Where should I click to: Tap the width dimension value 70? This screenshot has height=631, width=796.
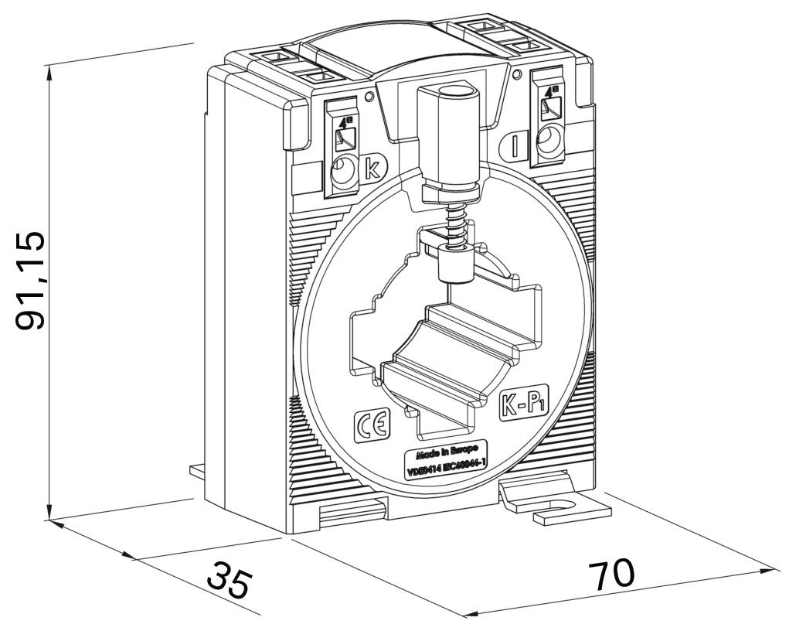pyautogui.click(x=611, y=574)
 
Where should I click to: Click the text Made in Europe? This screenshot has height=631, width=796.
pyautogui.click(x=447, y=452)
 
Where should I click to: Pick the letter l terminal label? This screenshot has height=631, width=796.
pyautogui.click(x=515, y=145)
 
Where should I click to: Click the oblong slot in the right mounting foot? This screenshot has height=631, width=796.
pyautogui.click(x=558, y=510)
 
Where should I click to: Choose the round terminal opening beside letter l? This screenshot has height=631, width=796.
pyautogui.click(x=549, y=142)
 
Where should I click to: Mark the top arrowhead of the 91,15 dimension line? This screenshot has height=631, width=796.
pyautogui.click(x=50, y=69)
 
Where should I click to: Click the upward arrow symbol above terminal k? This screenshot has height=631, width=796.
pyautogui.click(x=343, y=121)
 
